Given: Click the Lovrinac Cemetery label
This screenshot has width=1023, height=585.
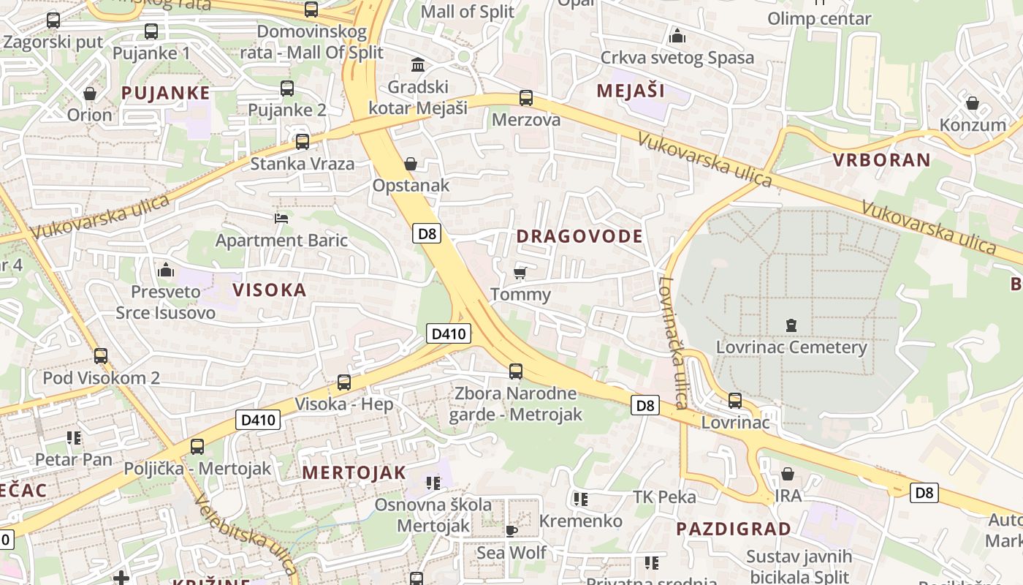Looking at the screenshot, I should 791,347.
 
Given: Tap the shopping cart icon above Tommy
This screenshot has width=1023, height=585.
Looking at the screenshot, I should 520,273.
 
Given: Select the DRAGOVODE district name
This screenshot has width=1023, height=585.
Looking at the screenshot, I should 579,236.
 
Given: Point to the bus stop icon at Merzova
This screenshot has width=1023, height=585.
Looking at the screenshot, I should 525,98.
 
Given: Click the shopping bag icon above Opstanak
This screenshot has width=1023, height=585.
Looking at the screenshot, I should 411,164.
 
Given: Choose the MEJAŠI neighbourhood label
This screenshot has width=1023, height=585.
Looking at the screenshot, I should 631,91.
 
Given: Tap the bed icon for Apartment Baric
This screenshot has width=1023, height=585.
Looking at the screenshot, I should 281,218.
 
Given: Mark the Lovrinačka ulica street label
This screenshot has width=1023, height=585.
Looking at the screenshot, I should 673,341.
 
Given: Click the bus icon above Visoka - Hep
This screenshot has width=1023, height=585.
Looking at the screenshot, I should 343,382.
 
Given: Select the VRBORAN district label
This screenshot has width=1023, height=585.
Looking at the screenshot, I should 882,160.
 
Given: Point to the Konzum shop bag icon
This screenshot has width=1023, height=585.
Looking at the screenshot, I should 972,103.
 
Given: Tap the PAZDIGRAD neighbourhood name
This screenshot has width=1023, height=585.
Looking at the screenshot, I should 733,529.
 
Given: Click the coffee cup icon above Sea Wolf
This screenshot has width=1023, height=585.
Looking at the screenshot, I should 511,530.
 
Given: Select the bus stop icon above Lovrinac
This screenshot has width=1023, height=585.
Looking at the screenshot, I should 734,401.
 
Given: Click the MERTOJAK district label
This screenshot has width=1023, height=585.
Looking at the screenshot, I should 354,472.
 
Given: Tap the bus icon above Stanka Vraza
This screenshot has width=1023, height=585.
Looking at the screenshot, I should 302,142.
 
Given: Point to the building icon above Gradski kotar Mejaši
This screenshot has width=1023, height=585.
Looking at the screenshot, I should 418,65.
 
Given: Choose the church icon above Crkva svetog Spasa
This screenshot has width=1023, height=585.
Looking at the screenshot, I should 677,36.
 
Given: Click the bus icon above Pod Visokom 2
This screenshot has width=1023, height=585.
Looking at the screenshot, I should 100,356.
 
